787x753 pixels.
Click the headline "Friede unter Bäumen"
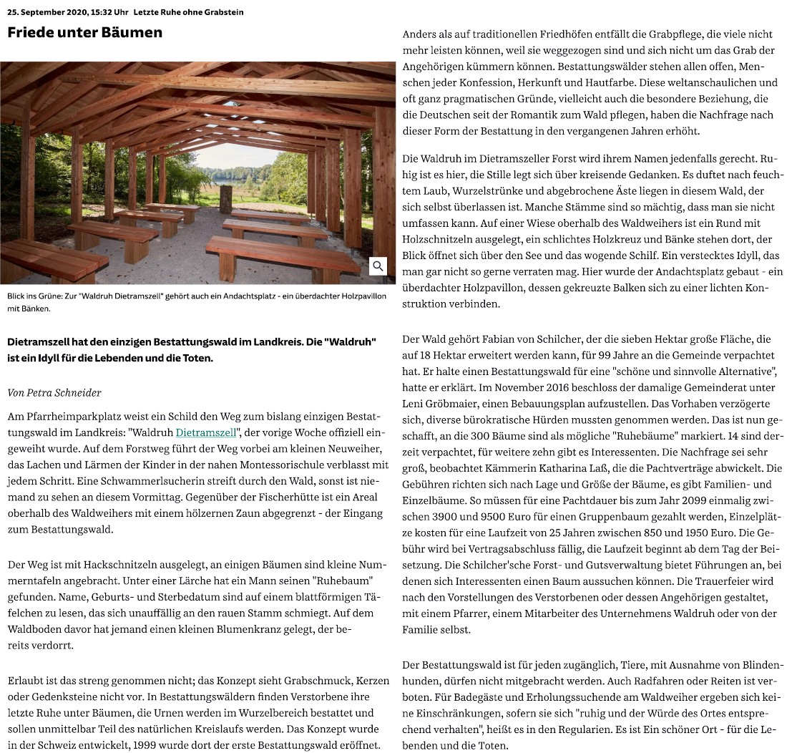click(x=84, y=32)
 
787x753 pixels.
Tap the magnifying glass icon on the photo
click(x=378, y=266)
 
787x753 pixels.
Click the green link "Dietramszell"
click(x=207, y=433)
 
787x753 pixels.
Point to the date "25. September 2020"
click(x=47, y=13)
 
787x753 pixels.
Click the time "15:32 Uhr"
click(x=110, y=13)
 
